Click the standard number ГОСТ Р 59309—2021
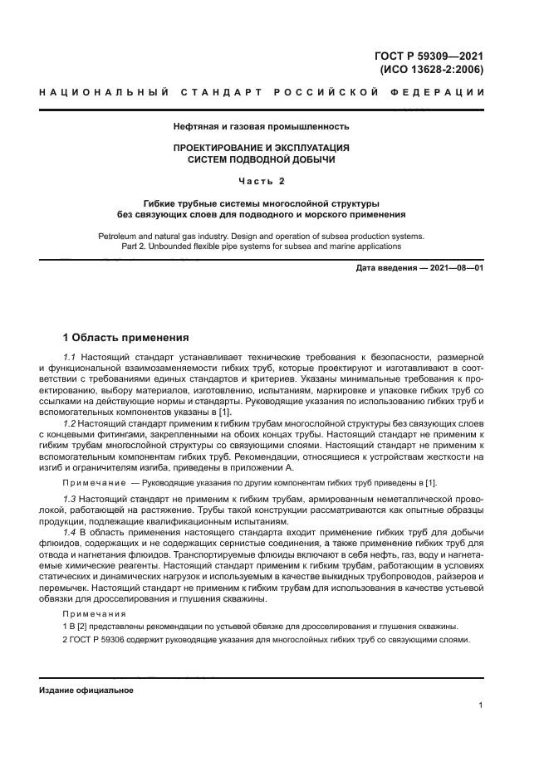(x=429, y=56)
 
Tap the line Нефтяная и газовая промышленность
(x=261, y=127)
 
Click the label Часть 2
(x=261, y=180)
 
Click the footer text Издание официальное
(x=86, y=690)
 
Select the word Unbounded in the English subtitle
(x=182, y=246)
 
